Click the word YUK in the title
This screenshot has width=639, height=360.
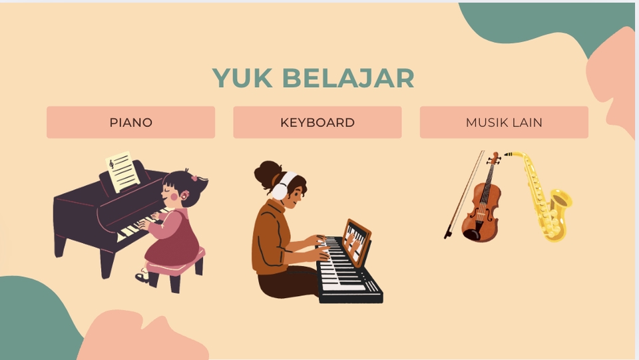(242, 78)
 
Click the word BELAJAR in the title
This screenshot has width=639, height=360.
(348, 78)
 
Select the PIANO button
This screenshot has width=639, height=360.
(131, 122)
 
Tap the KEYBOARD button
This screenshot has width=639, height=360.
(318, 122)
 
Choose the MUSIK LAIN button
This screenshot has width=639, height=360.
(504, 122)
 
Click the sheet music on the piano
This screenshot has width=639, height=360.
(122, 172)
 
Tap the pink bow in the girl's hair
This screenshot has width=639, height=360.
(195, 178)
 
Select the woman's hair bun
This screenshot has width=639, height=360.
(268, 174)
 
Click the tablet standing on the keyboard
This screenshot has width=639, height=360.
(357, 242)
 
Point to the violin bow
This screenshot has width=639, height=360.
(464, 195)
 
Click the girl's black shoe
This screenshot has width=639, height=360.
(142, 277)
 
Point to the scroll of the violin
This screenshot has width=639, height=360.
(495, 157)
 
